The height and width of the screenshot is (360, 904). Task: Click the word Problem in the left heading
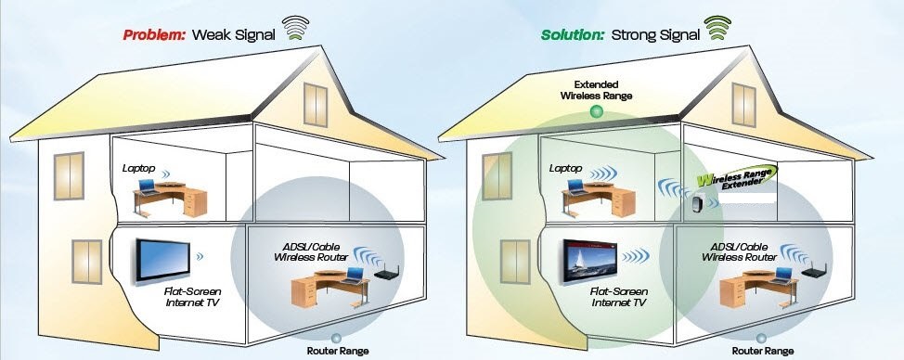155,35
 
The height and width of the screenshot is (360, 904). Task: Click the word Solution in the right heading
572,35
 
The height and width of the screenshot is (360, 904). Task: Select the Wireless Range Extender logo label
735,182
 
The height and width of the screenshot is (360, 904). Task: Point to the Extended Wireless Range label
595,88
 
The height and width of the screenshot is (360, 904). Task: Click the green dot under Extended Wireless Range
596,112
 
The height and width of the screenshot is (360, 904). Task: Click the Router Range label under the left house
337,351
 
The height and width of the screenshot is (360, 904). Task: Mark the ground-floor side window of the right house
512,262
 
